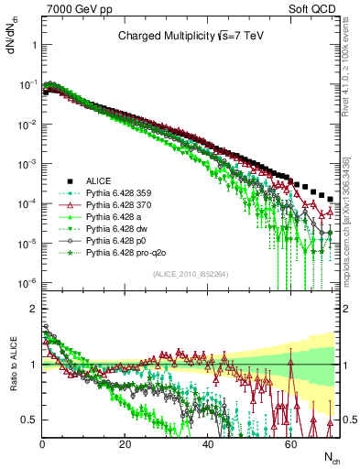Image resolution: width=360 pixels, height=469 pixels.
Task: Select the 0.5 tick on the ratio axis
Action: [x=31, y=420]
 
